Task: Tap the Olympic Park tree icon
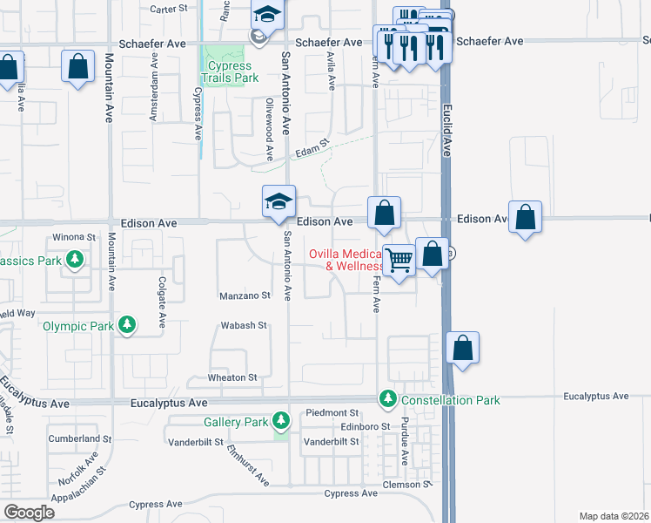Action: click(x=128, y=325)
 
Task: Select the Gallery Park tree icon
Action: click(x=280, y=422)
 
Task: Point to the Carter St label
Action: click(x=169, y=8)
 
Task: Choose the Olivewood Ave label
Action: click(x=270, y=129)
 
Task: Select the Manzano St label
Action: click(x=245, y=295)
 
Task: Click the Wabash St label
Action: click(x=244, y=325)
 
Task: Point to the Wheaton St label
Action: click(x=232, y=377)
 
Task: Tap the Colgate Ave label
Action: click(x=162, y=302)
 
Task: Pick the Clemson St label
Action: click(x=414, y=484)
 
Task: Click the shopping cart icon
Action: click(x=399, y=259)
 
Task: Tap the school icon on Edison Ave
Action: click(x=280, y=201)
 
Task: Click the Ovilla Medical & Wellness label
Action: click(x=348, y=260)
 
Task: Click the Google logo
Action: click(x=29, y=513)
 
